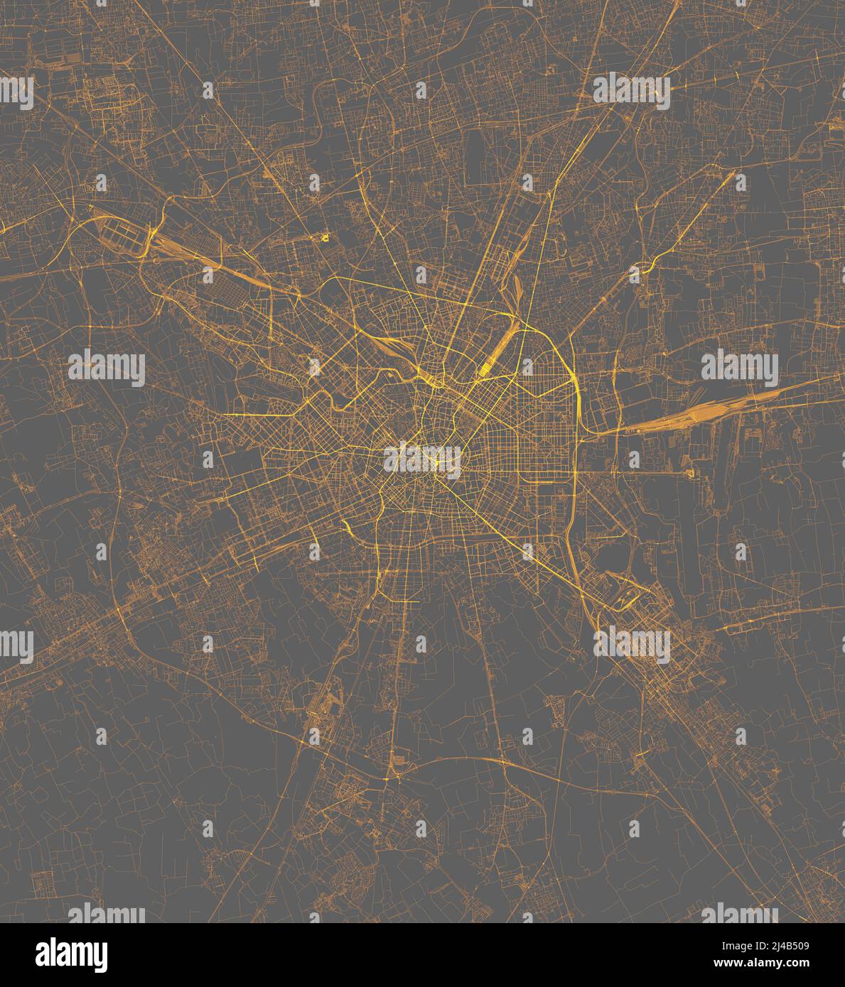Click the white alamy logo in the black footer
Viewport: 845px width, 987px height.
click(71, 954)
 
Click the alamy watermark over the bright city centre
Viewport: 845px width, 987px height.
click(422, 459)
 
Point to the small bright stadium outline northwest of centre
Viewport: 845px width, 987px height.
click(325, 237)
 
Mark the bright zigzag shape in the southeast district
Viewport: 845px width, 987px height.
click(625, 601)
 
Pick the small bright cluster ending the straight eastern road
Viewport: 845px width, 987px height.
click(688, 471)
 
